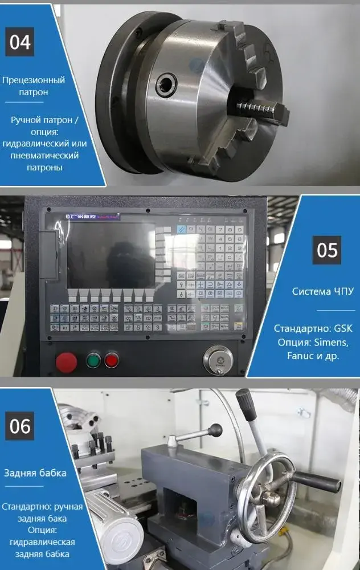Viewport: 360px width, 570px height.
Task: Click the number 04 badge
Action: tap(21, 43)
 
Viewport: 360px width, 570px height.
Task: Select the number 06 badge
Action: tap(21, 426)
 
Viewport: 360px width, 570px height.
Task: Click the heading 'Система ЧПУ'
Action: tap(322, 291)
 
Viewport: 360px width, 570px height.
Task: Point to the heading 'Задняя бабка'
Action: tap(35, 473)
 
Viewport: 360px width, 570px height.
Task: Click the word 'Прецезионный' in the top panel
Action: tap(34, 80)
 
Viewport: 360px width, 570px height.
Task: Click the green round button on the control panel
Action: tap(93, 360)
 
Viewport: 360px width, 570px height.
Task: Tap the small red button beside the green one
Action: tap(112, 360)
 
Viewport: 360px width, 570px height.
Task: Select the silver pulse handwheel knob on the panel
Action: tap(218, 360)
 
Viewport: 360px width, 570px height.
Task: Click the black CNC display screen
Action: tap(111, 255)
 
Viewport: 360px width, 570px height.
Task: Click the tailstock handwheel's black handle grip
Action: tap(316, 482)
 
